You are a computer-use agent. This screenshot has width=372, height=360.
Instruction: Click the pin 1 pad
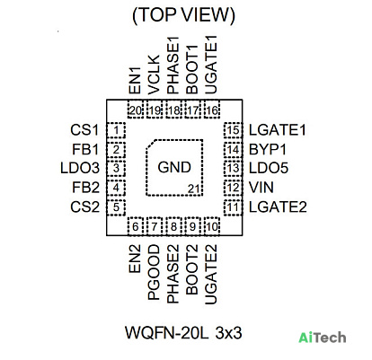point(116,130)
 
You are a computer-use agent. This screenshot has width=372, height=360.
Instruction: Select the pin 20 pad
point(136,109)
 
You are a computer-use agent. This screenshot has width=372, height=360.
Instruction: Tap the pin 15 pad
point(233,130)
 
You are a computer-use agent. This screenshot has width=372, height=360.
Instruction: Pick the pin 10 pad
point(212,226)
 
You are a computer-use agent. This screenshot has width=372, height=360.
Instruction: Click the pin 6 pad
point(136,226)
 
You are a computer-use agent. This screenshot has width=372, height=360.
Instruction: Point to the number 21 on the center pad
point(193,189)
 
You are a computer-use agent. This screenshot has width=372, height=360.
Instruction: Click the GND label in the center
point(174,167)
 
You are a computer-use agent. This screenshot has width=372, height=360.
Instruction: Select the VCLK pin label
point(155,75)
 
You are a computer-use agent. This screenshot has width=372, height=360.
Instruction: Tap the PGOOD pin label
point(155,272)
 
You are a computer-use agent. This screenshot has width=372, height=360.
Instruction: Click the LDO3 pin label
point(80,168)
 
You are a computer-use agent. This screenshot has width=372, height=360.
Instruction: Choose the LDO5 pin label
point(269,168)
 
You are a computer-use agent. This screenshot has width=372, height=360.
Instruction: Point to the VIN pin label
point(261,188)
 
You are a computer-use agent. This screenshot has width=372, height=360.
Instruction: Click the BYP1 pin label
point(268,149)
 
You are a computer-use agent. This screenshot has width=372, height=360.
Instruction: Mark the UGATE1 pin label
point(211,66)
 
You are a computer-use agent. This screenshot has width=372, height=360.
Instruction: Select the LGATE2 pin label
point(278,207)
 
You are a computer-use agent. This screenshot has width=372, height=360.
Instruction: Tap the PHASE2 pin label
point(173,274)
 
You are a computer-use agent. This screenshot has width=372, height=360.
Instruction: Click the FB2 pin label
point(85,188)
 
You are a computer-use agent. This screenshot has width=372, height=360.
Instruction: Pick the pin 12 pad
point(233,188)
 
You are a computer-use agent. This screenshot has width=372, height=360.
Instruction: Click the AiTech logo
point(323,338)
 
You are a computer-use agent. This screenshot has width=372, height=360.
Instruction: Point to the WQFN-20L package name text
point(166,333)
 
